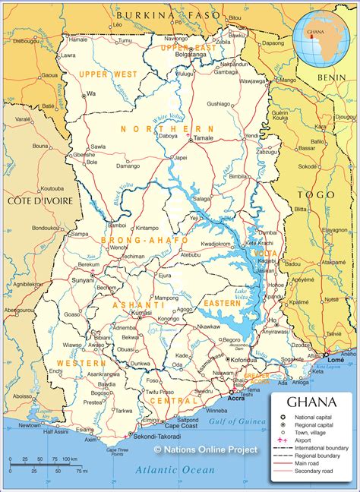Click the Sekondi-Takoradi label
point(158,438)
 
